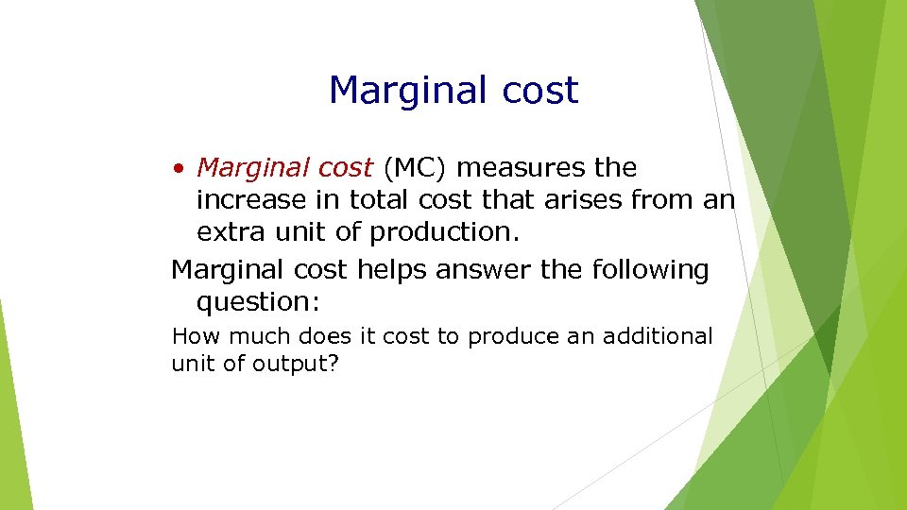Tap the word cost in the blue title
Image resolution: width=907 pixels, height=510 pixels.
(538, 92)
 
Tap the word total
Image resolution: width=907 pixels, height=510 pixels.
(382, 200)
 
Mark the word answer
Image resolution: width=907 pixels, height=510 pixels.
(486, 270)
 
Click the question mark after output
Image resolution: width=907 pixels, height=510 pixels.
(332, 364)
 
